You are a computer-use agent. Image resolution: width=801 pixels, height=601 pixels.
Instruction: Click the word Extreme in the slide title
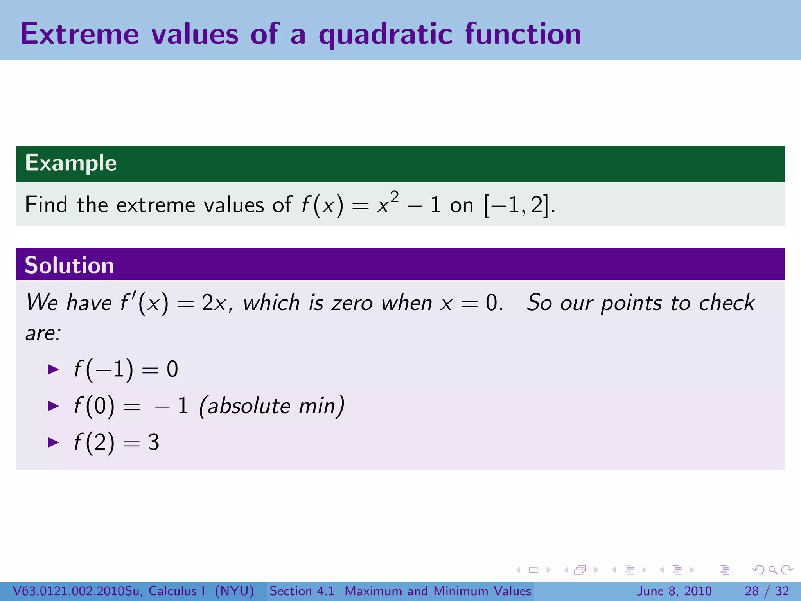click(x=79, y=34)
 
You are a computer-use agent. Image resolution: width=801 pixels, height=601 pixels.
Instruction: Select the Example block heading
click(x=71, y=163)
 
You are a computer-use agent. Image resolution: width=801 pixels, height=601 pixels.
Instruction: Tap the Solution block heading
click(x=69, y=265)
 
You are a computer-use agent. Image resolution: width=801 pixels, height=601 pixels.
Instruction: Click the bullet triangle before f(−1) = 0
click(x=53, y=369)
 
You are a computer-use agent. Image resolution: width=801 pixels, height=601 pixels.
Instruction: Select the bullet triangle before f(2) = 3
click(x=53, y=442)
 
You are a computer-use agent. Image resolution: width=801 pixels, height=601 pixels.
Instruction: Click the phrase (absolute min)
click(x=272, y=406)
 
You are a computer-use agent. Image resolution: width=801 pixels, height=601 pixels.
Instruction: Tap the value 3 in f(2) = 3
click(x=153, y=442)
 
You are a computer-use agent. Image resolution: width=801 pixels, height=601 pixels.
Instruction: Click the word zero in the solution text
click(x=352, y=303)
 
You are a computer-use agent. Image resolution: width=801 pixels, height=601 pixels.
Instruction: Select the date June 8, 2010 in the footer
click(x=674, y=591)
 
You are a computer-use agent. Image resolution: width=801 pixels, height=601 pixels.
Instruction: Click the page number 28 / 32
click(x=767, y=591)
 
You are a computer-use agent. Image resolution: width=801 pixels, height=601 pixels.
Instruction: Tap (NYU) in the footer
click(x=234, y=591)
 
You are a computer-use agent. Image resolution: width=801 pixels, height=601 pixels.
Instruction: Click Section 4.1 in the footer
click(x=302, y=591)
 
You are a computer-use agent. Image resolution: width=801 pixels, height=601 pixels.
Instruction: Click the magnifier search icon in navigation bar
click(x=772, y=570)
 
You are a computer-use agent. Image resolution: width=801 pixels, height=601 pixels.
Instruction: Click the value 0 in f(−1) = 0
click(x=172, y=369)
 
